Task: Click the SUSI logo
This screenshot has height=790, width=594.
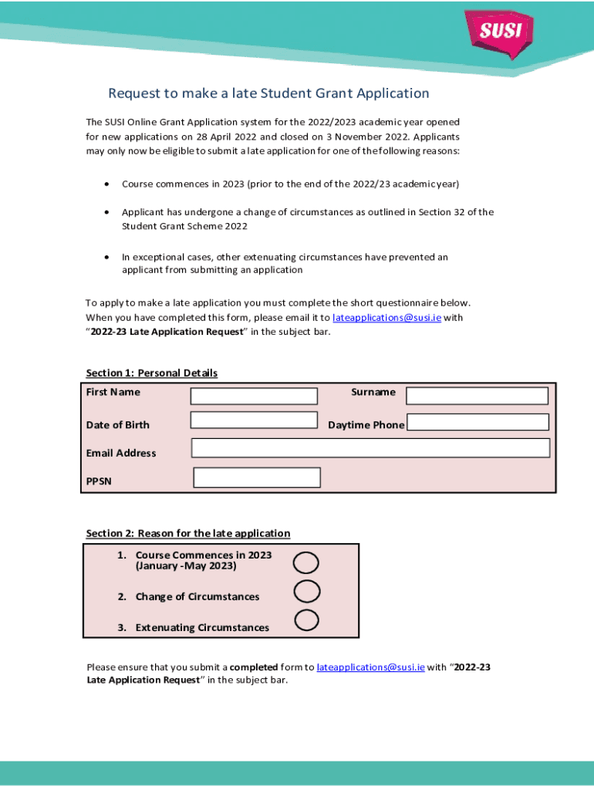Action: click(x=501, y=32)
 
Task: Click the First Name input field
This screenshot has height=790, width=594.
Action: click(x=254, y=396)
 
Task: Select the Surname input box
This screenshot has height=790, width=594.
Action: click(x=477, y=396)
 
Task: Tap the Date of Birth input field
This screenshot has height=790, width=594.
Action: click(x=254, y=420)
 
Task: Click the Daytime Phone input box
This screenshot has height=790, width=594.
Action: click(x=478, y=422)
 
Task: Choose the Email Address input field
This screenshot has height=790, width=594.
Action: click(x=370, y=448)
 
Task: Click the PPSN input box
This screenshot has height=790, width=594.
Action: click(x=257, y=478)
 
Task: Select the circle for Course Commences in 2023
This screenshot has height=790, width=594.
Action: click(x=306, y=563)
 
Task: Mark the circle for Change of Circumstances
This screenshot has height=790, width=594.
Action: click(x=307, y=592)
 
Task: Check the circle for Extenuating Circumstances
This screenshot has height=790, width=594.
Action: click(x=307, y=620)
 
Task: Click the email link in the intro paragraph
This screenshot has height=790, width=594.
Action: click(x=386, y=318)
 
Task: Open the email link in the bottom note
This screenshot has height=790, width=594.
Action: click(x=370, y=667)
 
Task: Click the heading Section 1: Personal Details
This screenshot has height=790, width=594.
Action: click(x=151, y=373)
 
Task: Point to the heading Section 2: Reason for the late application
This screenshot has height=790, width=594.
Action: click(x=187, y=534)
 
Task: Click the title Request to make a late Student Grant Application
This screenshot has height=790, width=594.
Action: click(x=268, y=93)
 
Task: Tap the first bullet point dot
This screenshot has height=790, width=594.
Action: click(x=106, y=184)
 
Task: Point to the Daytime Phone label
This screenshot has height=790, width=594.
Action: click(x=366, y=425)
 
